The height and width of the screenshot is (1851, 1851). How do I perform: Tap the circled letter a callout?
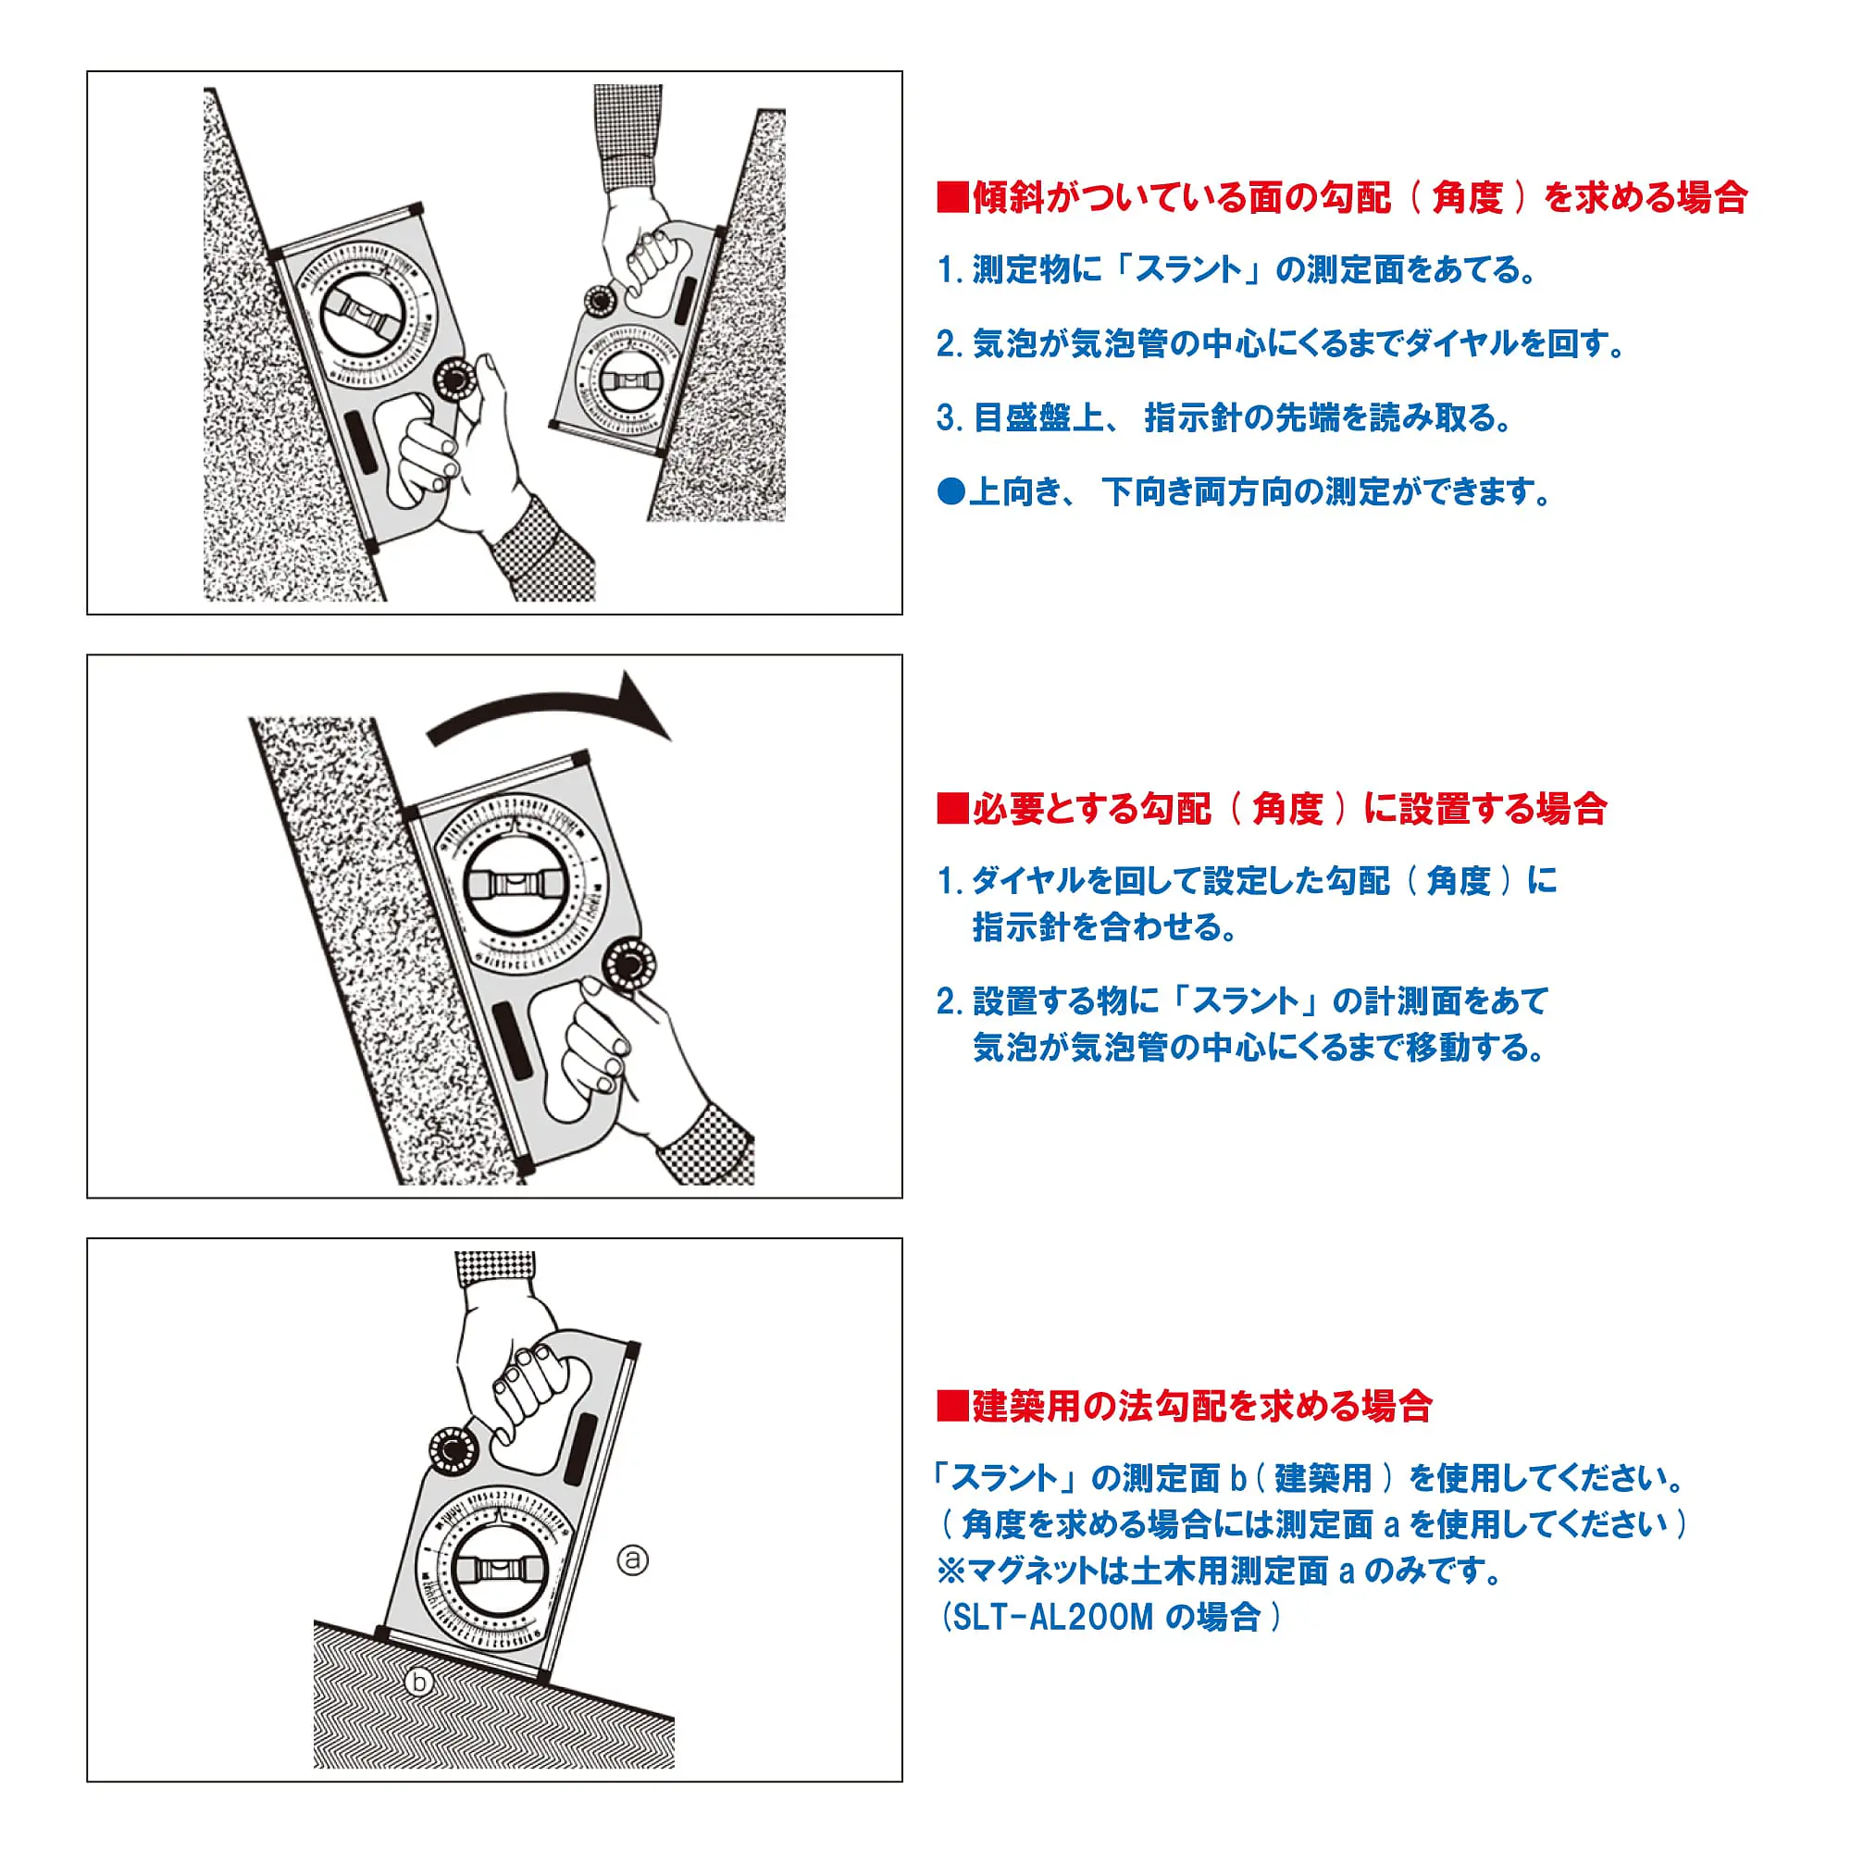point(632,1559)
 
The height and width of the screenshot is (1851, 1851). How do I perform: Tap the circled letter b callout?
point(418,1682)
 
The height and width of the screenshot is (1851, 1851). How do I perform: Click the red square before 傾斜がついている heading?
point(952,197)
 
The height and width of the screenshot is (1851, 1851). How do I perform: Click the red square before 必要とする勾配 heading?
point(952,809)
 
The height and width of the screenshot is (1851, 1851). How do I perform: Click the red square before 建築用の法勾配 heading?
point(952,1407)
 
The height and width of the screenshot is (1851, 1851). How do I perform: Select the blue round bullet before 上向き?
point(951,492)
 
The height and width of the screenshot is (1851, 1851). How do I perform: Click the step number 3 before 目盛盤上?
point(948,417)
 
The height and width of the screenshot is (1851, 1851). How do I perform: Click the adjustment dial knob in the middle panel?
point(627,961)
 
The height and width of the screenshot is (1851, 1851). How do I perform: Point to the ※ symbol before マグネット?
point(951,1571)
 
